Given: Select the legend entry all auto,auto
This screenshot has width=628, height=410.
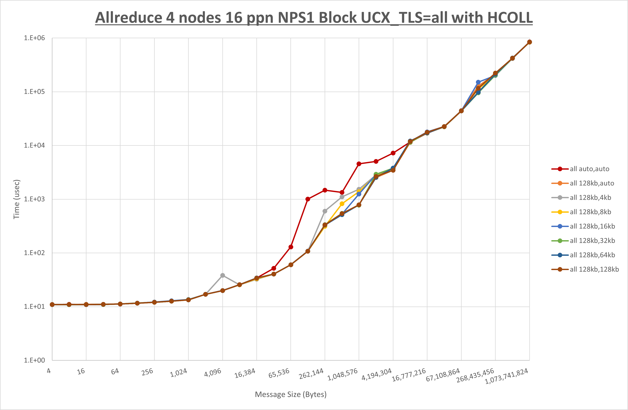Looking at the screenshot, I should pos(589,169).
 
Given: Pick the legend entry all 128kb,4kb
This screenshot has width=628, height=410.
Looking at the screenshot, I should pos(590,198).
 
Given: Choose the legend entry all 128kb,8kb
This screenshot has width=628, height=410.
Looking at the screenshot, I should pos(590,212).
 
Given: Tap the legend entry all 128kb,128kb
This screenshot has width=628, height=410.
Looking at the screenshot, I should pos(594,269).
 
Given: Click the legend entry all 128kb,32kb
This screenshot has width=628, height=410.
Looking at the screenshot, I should pos(592,241).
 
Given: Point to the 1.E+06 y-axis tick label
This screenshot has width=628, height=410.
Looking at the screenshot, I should pos(34,38).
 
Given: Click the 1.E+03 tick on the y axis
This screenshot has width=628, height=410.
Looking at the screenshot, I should pos(34,199).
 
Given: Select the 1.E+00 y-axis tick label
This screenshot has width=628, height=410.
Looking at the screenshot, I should pos(34,360).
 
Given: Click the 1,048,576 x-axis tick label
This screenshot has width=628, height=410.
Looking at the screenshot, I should pos(342,374).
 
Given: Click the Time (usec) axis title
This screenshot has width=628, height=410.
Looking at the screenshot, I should pos(16,199).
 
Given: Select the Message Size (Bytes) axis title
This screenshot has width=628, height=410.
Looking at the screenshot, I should pos(291,394).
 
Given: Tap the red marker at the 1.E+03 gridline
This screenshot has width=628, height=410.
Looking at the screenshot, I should pos(308,199).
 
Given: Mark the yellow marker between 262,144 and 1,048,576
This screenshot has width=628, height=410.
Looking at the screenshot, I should pos(342,204).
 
